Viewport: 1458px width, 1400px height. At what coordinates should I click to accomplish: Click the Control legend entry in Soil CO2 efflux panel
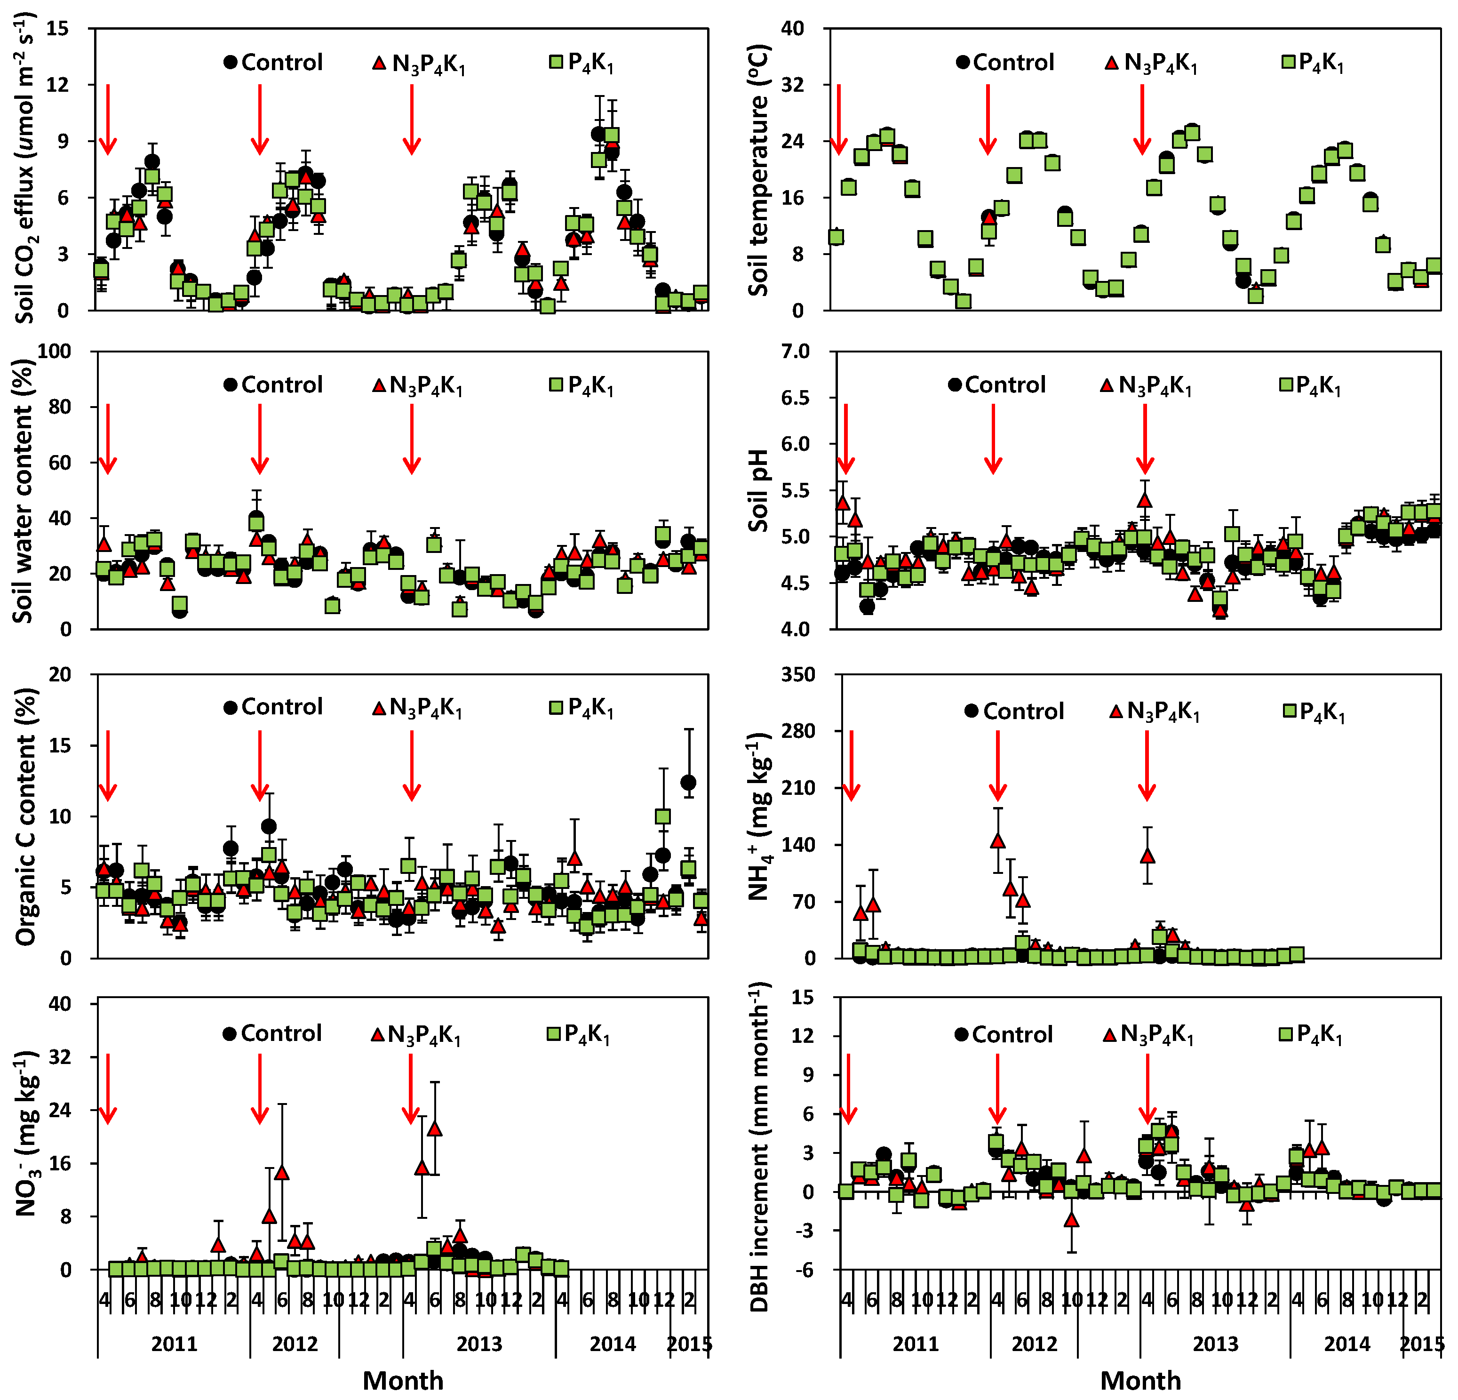tap(273, 63)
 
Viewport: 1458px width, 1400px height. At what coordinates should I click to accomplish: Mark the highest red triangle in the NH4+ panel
tap(997, 840)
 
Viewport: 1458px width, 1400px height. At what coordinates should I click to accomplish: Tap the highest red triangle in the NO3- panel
tap(434, 1128)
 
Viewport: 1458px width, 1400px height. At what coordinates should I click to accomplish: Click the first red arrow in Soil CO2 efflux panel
tap(108, 119)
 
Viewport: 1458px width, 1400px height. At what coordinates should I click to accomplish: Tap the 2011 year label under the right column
tap(915, 1344)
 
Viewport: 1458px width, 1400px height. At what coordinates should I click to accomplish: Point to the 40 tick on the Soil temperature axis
tap(793, 28)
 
